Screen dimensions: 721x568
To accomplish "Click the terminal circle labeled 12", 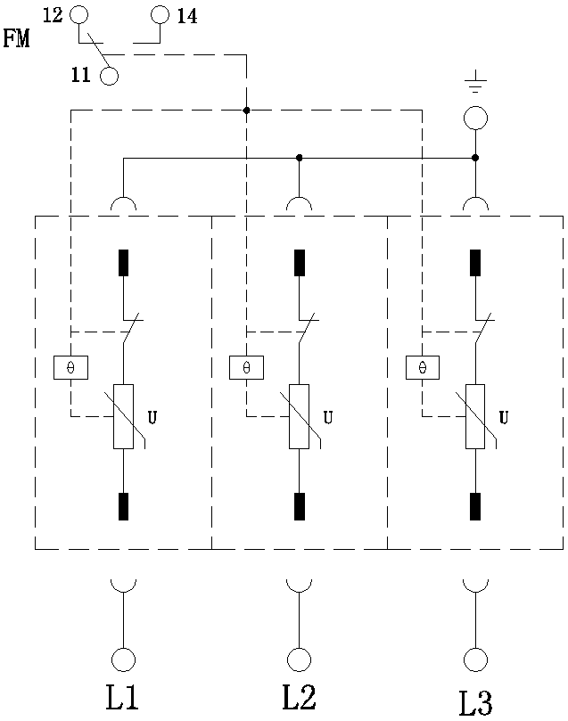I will coord(79,14).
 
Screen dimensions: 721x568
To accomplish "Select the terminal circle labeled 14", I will coord(160,14).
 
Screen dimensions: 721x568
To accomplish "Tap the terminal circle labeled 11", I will coord(110,76).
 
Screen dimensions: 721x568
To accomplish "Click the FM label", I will coord(16,40).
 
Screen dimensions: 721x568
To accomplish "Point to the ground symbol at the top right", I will coord(474,86).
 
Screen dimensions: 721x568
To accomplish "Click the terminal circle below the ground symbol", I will coord(474,117).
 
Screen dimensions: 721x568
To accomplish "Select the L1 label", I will coord(122,698).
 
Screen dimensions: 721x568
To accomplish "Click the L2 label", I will coord(299,698).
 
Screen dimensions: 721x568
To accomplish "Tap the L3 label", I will coord(475,701).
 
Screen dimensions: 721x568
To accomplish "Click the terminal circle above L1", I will coord(122,660).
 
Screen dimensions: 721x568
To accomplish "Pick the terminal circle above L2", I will coord(299,660).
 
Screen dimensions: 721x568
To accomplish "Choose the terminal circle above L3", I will coord(475,660).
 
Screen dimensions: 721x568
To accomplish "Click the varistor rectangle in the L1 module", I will coord(123,416).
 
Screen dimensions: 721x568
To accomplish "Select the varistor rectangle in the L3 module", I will coord(475,416).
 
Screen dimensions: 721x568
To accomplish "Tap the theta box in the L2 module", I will coord(246,367).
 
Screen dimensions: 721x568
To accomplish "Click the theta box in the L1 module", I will coord(70,367).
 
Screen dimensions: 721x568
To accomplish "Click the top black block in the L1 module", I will coord(123,263).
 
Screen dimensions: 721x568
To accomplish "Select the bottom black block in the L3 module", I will coord(475,505).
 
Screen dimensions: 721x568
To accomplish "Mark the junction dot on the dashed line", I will coord(246,111).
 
